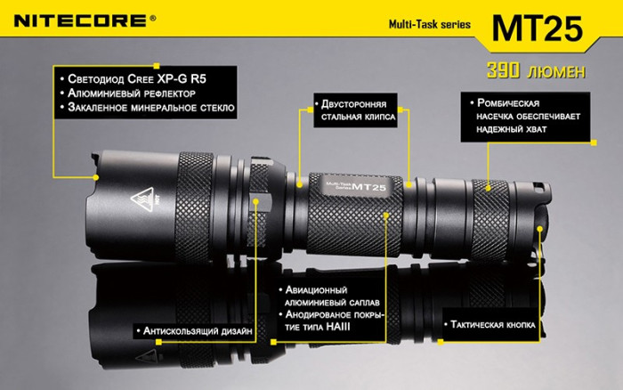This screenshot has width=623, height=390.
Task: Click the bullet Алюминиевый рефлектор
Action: pyautogui.click(x=137, y=93)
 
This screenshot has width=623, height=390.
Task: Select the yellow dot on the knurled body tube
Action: pyautogui.click(x=386, y=215)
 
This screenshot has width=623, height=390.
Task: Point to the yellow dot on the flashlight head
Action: pyautogui.click(x=256, y=201)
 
